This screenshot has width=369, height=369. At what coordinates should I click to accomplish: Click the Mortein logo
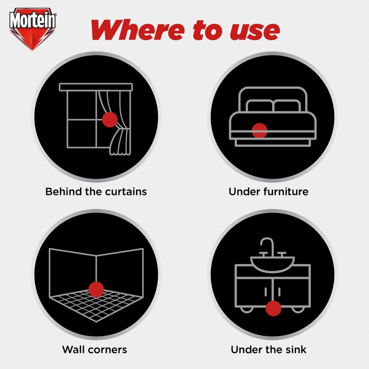(32, 29)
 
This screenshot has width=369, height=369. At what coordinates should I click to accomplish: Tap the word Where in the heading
(138, 30)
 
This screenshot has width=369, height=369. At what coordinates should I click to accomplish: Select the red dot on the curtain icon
(110, 120)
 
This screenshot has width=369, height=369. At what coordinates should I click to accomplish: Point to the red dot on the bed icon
(259, 131)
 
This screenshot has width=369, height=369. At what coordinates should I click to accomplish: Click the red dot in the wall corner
(96, 289)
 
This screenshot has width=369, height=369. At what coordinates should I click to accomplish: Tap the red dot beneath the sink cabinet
(273, 308)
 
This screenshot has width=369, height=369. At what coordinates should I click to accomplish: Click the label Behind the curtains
(96, 192)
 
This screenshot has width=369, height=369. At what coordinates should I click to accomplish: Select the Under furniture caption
(269, 192)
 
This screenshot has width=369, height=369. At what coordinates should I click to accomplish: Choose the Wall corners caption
(94, 349)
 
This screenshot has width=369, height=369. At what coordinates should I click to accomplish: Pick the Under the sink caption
(269, 349)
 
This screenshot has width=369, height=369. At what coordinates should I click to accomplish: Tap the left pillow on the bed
(260, 106)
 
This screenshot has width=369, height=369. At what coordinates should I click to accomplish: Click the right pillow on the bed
(287, 106)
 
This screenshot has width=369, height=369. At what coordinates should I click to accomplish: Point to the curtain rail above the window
(96, 87)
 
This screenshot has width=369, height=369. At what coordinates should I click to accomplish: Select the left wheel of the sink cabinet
(246, 310)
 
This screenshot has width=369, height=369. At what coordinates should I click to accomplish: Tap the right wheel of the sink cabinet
(299, 310)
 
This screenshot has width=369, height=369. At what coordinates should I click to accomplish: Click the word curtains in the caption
(126, 192)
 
